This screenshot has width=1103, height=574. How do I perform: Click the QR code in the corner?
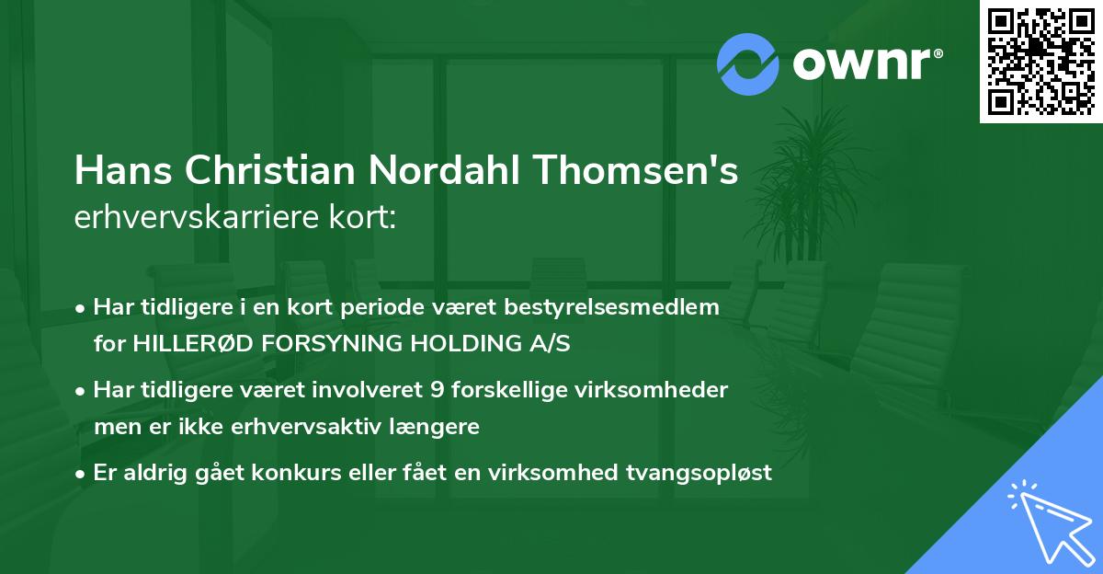(x=1040, y=62)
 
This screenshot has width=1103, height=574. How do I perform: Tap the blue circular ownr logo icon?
(x=748, y=63)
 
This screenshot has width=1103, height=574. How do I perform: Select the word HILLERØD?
(x=191, y=344)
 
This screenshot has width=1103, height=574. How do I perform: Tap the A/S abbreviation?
(x=548, y=344)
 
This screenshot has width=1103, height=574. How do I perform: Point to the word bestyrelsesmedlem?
(x=622, y=307)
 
